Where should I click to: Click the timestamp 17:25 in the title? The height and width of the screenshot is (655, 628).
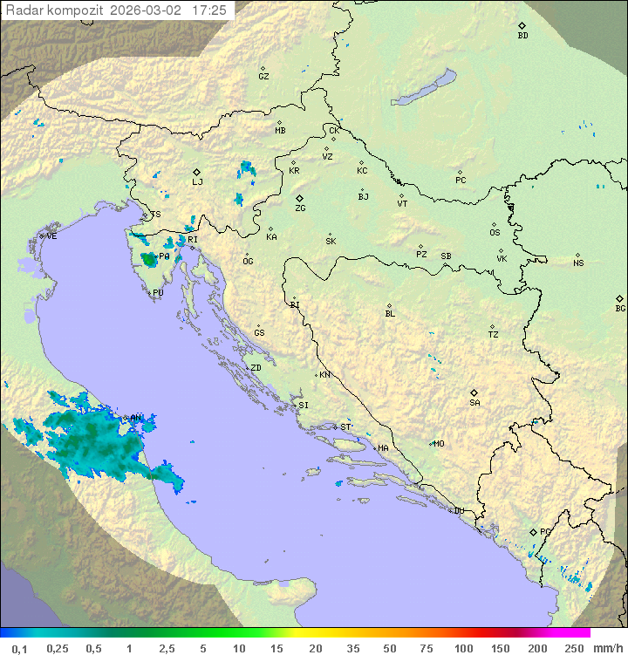(209, 10)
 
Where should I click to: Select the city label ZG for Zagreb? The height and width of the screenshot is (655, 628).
(300, 208)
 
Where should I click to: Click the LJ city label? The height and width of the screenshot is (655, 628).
(197, 181)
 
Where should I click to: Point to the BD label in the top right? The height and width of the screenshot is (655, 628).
(522, 36)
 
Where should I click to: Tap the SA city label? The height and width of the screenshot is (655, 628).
(474, 402)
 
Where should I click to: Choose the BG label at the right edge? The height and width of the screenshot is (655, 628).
(620, 308)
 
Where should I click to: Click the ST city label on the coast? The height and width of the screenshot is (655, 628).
(345, 426)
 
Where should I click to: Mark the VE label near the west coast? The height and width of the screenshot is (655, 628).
(51, 236)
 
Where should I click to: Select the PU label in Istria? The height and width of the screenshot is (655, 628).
(158, 293)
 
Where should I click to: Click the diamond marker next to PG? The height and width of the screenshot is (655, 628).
(533, 531)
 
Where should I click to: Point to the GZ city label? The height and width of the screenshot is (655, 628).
(263, 76)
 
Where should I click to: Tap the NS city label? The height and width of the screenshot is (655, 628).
(578, 263)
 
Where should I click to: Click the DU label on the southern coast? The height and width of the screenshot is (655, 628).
(458, 511)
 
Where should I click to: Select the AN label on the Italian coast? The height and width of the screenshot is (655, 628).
(135, 418)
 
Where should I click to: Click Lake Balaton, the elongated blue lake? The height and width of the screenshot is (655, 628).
(423, 87)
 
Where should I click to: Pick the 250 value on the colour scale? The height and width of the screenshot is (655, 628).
(573, 648)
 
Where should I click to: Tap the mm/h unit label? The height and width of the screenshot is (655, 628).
(607, 648)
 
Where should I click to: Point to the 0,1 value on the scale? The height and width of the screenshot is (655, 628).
(19, 648)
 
